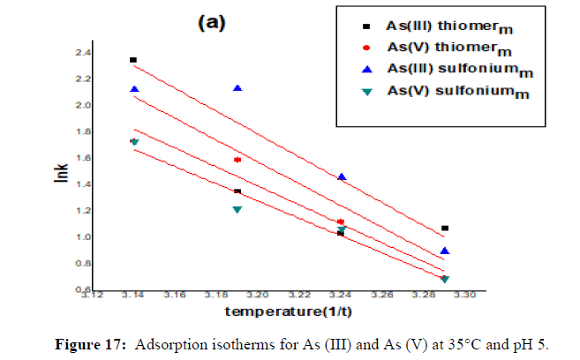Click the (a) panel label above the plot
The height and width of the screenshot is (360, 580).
[x=212, y=24]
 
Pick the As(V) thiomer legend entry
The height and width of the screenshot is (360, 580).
[x=432, y=46]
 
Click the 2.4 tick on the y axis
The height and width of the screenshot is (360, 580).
[x=108, y=53]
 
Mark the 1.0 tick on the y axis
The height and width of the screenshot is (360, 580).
[x=108, y=237]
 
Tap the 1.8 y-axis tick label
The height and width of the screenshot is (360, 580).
[x=108, y=131]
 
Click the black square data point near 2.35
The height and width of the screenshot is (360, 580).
[x=133, y=60]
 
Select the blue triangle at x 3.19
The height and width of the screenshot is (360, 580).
[x=237, y=88]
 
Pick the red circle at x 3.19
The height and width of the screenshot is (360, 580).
[x=237, y=160]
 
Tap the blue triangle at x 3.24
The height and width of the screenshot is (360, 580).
[x=342, y=176]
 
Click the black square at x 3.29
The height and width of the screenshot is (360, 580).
[x=445, y=229]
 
